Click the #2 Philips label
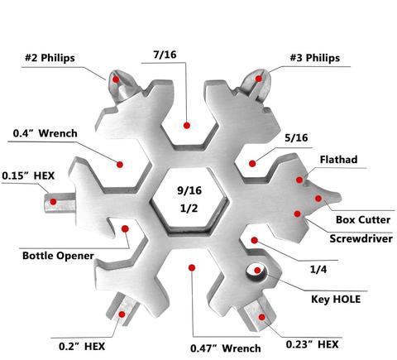tap(50, 58)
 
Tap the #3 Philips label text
tap(315, 58)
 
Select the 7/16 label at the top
tap(165, 55)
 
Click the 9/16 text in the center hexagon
tap(189, 190)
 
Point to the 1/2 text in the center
tap(189, 208)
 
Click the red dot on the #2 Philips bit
tap(116, 79)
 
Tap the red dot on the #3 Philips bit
tap(259, 79)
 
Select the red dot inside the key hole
tap(257, 270)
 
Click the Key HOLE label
tap(336, 300)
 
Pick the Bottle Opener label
tap(58, 256)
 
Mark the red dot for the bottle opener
tap(125, 228)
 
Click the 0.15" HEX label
tap(28, 175)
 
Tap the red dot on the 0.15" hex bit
tap(53, 202)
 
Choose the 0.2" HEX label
tap(82, 346)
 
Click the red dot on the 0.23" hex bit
tap(261, 317)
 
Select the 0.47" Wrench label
tap(226, 348)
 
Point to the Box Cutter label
tap(363, 220)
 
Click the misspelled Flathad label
tap(339, 160)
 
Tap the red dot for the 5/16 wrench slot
tap(252, 164)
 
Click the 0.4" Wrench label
tap(45, 133)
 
